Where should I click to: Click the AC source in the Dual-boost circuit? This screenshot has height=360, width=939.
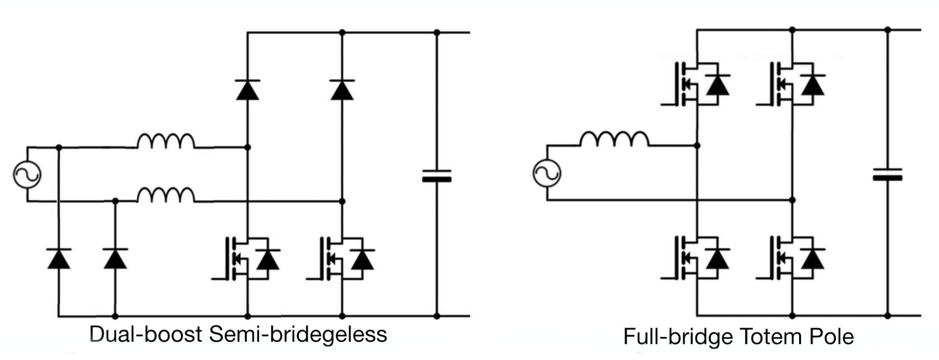tap(27, 174)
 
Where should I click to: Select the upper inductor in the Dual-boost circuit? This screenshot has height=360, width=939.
tap(166, 141)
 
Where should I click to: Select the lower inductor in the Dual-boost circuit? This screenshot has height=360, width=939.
tap(166, 195)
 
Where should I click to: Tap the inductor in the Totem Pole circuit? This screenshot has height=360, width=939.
tap(614, 139)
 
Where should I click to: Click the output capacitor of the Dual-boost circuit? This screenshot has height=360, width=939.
tap(437, 176)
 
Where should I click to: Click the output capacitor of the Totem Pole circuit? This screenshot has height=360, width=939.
tap(887, 174)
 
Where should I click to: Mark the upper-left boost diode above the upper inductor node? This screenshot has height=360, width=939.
tap(247, 90)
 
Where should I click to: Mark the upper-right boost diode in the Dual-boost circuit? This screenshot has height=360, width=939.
tap(342, 90)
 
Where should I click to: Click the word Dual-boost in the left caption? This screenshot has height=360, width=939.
tap(146, 335)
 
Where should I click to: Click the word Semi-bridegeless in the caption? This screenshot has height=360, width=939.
tap(298, 335)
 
